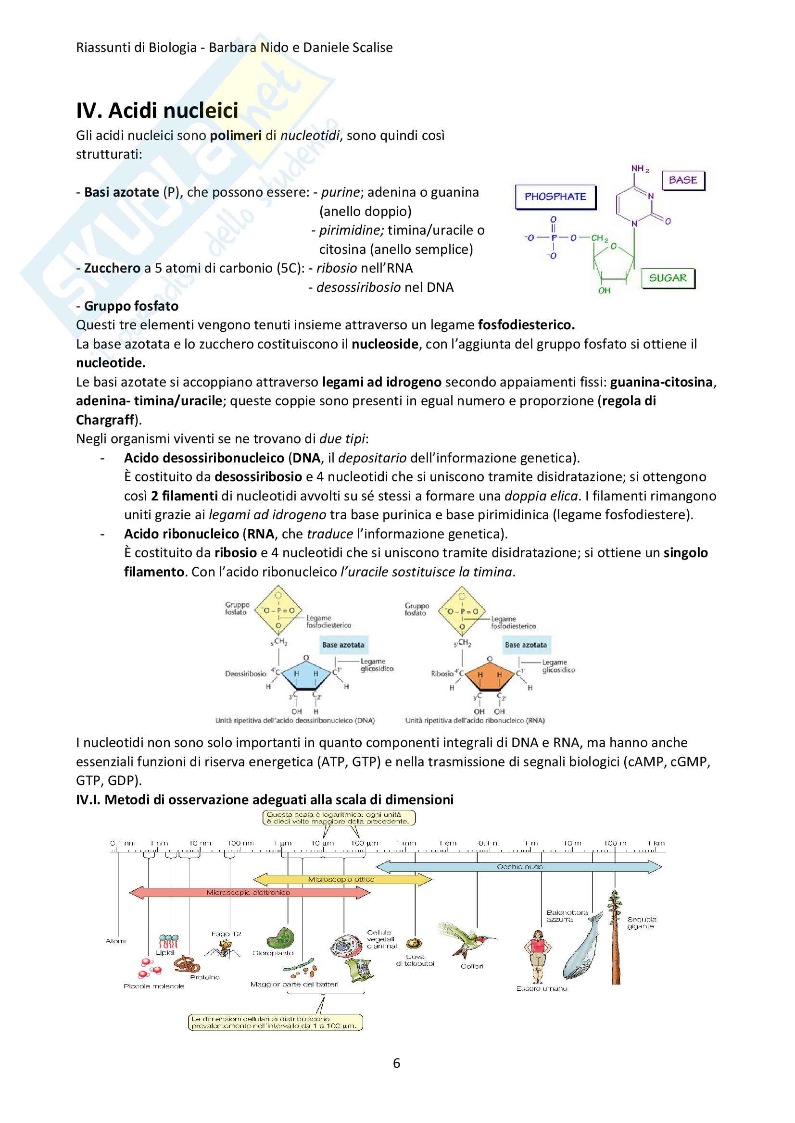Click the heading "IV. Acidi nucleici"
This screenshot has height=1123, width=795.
coord(157,111)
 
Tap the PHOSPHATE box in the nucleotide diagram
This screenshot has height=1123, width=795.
coord(555,197)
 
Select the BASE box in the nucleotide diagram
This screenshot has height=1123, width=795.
coord(683,180)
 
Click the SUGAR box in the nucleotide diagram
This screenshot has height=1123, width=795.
coord(668,278)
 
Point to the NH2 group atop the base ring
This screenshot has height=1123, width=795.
coord(640,169)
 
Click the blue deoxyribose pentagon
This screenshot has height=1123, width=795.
coord(305,675)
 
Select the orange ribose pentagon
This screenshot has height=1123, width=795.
coord(489,676)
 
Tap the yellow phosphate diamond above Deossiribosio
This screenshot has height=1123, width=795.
coord(278,610)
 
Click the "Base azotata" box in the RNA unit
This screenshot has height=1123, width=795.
coord(526,645)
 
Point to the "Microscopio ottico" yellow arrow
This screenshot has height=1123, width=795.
coord(341,879)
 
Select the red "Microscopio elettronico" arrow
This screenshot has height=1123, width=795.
coord(249,892)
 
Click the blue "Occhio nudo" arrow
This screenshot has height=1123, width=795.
coord(519,867)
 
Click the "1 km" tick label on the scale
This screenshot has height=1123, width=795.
coord(656,843)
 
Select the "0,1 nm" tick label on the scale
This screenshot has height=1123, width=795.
coord(122,843)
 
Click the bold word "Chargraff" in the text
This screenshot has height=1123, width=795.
coord(105,420)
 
